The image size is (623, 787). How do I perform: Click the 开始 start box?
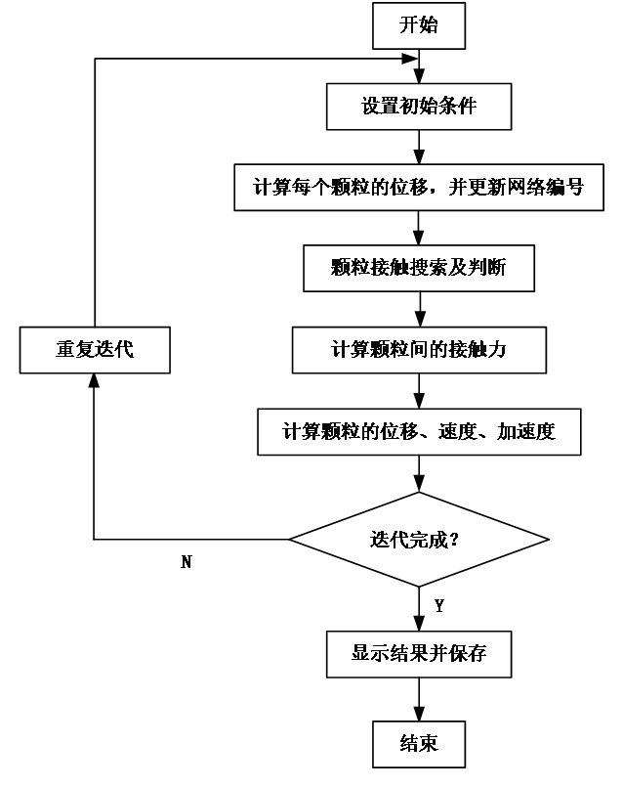click(418, 26)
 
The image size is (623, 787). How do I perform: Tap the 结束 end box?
click(418, 744)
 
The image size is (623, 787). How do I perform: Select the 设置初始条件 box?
click(419, 107)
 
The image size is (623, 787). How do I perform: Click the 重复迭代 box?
click(95, 350)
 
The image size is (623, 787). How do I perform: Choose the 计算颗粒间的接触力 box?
click(418, 350)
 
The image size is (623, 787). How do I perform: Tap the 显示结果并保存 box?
click(418, 653)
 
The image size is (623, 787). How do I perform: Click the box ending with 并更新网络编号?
click(418, 187)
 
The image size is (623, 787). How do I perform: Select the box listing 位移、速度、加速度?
click(418, 431)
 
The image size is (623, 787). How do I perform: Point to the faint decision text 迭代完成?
click(415, 540)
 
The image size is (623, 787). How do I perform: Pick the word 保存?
click(467, 653)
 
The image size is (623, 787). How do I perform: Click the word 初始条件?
click(438, 107)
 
